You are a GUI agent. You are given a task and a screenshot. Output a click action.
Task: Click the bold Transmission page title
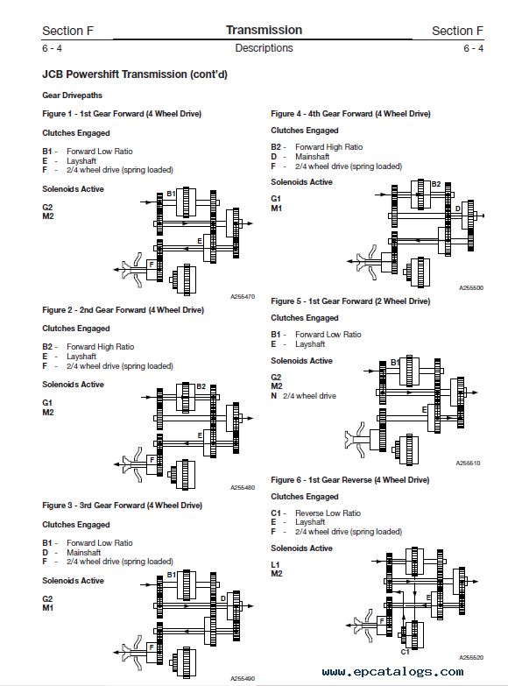pos(264,30)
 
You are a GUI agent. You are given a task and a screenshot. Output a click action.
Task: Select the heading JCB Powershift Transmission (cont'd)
pos(135,74)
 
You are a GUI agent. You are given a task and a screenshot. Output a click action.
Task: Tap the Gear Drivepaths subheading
pos(72,95)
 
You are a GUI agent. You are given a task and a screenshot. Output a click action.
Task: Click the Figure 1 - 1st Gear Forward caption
pos(122,114)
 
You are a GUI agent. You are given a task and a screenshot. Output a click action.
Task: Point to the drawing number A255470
pos(243,297)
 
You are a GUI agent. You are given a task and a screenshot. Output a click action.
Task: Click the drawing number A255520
pos(471,658)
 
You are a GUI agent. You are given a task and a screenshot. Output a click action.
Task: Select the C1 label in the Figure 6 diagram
pos(406,652)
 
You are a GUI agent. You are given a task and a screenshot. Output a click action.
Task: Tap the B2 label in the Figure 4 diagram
pos(436,184)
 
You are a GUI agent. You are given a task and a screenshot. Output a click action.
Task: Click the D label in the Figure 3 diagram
pos(222,598)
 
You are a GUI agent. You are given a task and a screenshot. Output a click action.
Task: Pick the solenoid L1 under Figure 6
pos(275,565)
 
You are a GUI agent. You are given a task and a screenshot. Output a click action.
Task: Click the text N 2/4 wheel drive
pos(303,396)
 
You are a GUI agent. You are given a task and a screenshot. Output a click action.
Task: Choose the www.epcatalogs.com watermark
pos(392,672)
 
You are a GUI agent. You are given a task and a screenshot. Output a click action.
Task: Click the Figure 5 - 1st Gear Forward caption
pos(350,301)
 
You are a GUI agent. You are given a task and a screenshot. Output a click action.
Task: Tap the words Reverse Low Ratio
pos(328,513)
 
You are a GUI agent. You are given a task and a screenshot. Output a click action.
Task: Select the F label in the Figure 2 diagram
pos(152,460)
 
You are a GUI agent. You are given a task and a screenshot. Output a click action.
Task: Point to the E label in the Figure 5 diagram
pos(424,409)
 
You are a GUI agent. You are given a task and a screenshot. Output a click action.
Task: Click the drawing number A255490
pos(243,679)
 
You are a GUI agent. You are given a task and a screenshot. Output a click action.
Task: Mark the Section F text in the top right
pos(457,31)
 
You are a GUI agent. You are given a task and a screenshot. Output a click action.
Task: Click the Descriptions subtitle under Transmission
pos(264,48)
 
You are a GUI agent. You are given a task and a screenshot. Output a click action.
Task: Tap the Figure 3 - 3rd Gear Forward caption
pos(122,506)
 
